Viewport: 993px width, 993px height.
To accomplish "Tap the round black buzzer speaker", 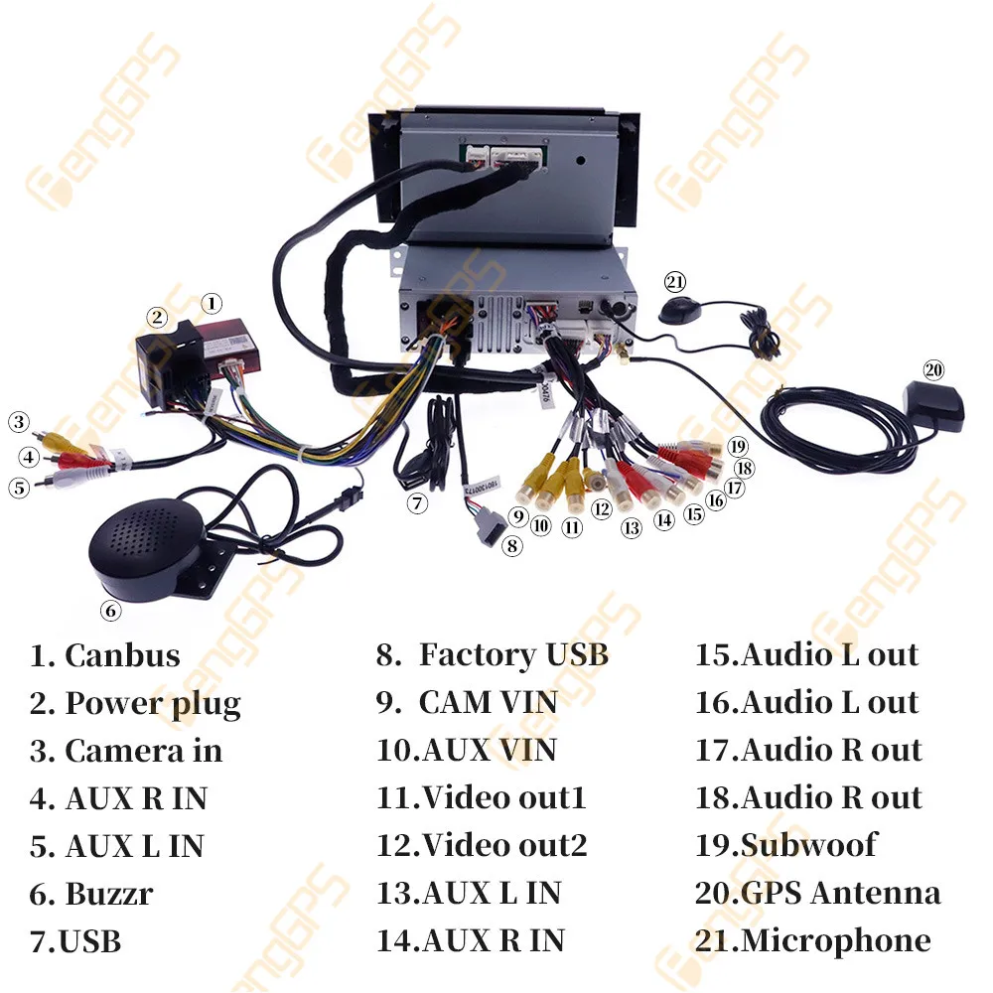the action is click(x=146, y=545).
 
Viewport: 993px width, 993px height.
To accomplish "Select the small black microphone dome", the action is click(x=682, y=309).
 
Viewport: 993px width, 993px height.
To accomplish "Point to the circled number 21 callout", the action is click(x=675, y=282).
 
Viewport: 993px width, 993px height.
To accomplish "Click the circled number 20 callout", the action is click(x=932, y=370).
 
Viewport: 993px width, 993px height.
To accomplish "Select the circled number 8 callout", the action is click(x=511, y=545).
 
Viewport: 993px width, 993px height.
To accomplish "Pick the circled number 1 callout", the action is click(x=212, y=303).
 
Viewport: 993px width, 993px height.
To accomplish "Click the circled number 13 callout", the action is click(x=632, y=528).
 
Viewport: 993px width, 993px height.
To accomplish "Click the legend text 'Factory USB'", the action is click(x=512, y=655).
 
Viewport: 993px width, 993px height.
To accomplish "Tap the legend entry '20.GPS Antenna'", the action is click(x=817, y=893).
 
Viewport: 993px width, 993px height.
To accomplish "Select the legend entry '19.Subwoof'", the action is click(x=786, y=845).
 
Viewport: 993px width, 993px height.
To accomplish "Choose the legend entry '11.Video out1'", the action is click(x=482, y=797).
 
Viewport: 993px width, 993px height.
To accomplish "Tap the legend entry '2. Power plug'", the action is click(x=135, y=703).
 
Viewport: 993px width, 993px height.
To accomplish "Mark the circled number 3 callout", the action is click(x=19, y=421).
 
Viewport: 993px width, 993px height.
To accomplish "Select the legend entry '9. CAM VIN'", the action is click(x=467, y=703).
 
